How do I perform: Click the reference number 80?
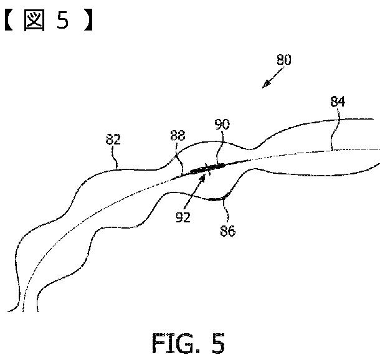click(283, 60)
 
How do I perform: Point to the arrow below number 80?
click(270, 80)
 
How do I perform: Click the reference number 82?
click(113, 140)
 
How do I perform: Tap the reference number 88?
click(178, 136)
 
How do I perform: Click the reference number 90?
click(222, 125)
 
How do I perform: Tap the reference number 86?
click(228, 231)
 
